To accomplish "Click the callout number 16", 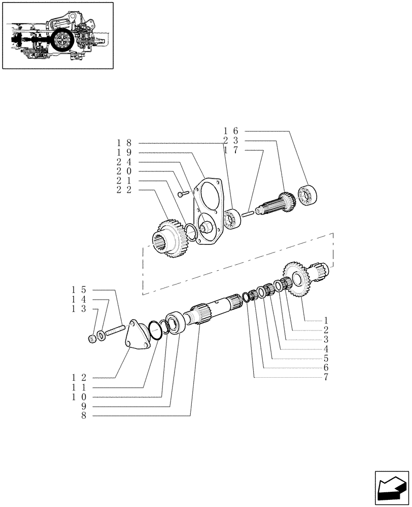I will click(x=231, y=131).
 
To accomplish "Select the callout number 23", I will click(x=231, y=140).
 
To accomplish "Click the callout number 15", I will click(x=79, y=290).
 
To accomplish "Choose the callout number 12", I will click(x=79, y=378).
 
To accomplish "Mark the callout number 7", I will click(x=326, y=378).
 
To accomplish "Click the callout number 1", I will click(x=326, y=320).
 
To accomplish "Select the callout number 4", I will click(x=326, y=349).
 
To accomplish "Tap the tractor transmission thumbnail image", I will click(x=57, y=35).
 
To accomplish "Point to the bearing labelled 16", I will click(x=308, y=195).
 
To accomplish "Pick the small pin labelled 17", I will click(x=248, y=213).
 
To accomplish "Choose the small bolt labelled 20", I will click(x=183, y=193).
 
